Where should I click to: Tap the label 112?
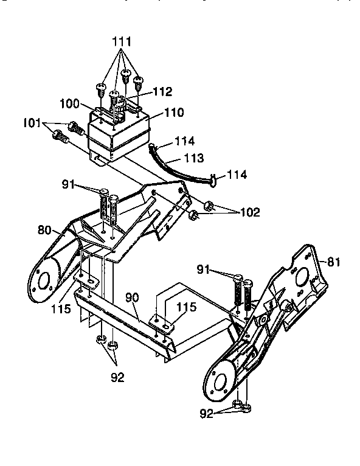click(162, 92)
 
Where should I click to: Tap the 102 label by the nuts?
click(249, 212)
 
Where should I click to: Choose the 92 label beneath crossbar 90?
click(117, 377)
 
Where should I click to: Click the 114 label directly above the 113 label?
click(184, 141)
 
